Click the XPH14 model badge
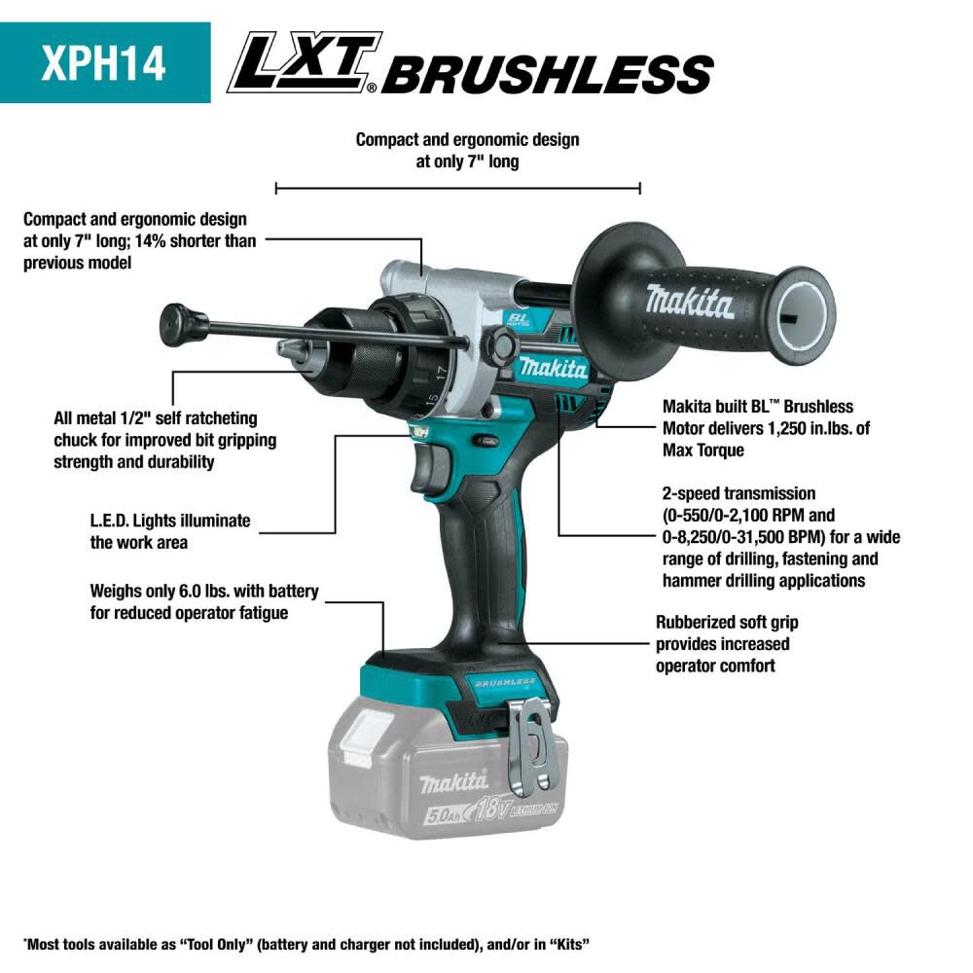[104, 62]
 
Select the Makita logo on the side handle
[689, 302]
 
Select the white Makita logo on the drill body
[553, 368]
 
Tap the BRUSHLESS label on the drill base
[505, 682]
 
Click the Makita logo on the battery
[453, 781]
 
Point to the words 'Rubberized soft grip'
[727, 623]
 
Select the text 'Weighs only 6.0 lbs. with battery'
[203, 591]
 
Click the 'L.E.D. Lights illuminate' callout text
[169, 521]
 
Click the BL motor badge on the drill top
[517, 320]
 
